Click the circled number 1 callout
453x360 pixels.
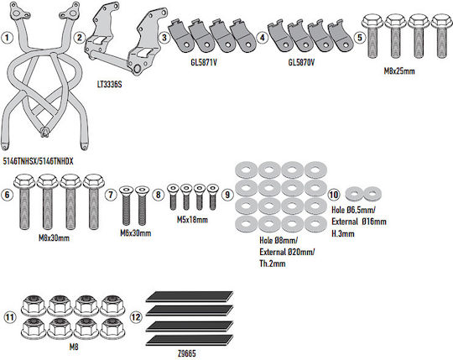coord(7,38)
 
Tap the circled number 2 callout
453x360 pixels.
coord(79,38)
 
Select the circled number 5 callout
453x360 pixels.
coord(359,38)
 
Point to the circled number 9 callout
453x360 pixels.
coord(227,195)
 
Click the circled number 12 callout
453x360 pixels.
coord(136,317)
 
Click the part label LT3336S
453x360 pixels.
coord(110,85)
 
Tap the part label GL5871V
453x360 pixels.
coord(204,62)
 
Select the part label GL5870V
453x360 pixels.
coord(301,62)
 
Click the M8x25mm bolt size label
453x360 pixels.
coord(399,71)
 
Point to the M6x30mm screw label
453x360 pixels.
coord(136,233)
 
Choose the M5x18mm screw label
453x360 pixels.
coord(192,220)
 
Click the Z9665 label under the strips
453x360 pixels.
coord(187,353)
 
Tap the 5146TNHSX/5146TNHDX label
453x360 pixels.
coord(38,161)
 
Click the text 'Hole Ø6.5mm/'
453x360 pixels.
coord(353,210)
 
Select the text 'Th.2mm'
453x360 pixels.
coord(273,263)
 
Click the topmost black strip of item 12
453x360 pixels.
coord(190,297)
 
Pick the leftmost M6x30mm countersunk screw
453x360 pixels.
coord(126,206)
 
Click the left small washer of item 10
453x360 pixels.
coord(355,194)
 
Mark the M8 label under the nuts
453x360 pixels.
coord(74,347)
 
